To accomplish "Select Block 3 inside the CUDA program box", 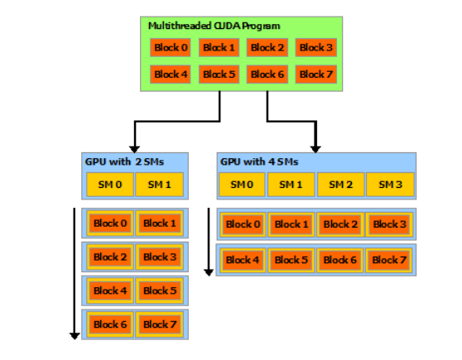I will click(316, 48).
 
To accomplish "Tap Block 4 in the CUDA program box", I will click(171, 74).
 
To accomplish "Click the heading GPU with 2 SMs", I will click(118, 161).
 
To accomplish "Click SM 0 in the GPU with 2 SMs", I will click(110, 184).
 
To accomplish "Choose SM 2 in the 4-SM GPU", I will click(340, 184).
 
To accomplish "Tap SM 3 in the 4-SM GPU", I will click(389, 184).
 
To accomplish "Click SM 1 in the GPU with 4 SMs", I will click(291, 184).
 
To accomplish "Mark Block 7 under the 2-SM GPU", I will click(160, 324).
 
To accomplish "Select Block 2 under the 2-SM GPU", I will click(110, 257).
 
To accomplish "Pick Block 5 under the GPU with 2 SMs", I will click(160, 290).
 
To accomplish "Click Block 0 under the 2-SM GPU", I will click(110, 223).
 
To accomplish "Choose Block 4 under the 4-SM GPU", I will click(243, 259).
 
